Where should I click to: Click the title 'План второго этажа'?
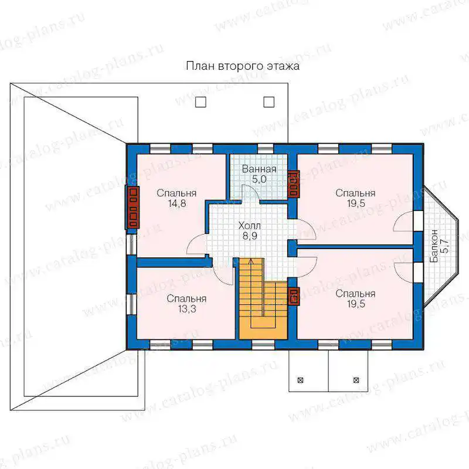243,66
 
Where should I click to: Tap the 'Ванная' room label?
259,169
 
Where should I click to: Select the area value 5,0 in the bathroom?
259,179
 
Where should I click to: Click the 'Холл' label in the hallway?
250,226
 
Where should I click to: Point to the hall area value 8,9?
250,236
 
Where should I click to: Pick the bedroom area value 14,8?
177,203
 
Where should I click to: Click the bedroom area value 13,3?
187,309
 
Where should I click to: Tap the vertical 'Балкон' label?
434,246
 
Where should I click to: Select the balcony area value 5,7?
445,246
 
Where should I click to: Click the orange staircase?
263,299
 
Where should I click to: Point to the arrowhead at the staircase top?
251,261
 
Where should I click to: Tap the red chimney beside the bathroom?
294,184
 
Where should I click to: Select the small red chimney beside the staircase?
294,296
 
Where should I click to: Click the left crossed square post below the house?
300,380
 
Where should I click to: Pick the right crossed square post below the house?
356,380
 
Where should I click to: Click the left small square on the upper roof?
200,102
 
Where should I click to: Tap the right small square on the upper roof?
269,102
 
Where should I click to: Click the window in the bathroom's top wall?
266,149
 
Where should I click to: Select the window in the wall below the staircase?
263,345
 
